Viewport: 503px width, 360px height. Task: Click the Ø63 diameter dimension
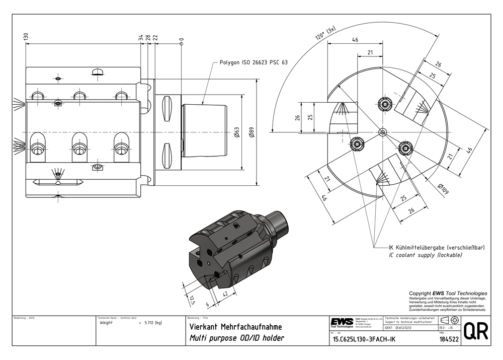click(237, 133)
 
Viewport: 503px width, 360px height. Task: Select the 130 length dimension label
click(26, 37)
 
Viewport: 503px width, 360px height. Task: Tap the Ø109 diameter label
click(444, 190)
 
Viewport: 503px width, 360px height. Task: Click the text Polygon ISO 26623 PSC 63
click(254, 63)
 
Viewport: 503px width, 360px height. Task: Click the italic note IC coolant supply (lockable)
click(425, 256)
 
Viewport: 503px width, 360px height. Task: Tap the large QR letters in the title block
click(475, 332)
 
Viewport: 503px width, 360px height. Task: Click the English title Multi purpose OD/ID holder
click(236, 338)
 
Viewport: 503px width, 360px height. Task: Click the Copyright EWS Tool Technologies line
click(448, 293)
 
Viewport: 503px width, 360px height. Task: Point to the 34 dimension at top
click(140, 38)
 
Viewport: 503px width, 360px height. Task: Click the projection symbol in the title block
click(449, 321)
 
